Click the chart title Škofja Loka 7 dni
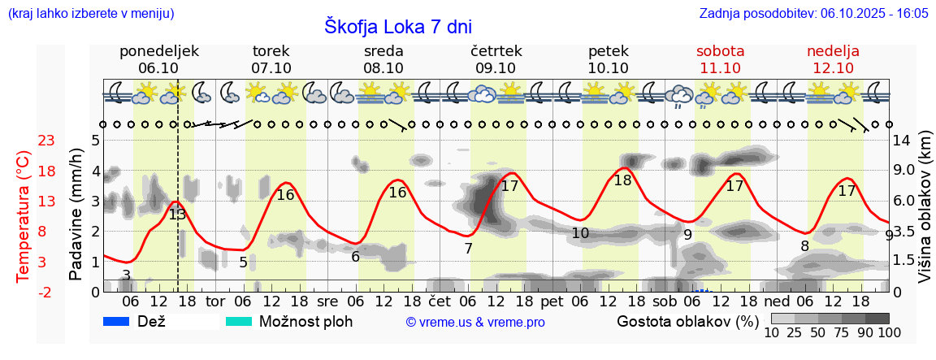coord(397,27)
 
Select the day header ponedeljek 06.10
coord(158,59)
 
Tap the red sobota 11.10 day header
coord(720,59)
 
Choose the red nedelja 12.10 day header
coord(833,59)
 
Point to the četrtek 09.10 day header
coord(496,59)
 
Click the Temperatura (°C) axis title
coord(24,216)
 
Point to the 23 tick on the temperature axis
coord(46,141)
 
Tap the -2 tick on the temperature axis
coord(45,292)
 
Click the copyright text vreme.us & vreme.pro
coord(475,322)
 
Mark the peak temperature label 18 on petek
coord(622,180)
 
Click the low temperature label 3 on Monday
coord(126,275)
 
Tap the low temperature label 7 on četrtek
coord(468,249)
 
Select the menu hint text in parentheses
coord(90,14)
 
